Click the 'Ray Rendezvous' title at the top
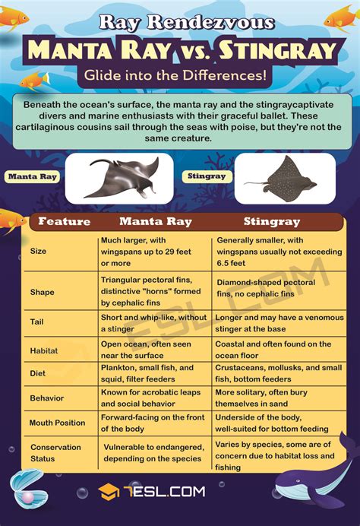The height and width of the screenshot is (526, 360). point(180,22)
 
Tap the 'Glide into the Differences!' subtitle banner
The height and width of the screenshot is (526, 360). point(179,76)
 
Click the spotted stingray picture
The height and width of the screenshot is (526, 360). point(285,179)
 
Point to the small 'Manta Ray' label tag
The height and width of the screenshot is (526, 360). point(33,177)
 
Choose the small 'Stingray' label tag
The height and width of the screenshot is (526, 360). point(206,176)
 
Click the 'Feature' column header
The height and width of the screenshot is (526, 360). point(64,222)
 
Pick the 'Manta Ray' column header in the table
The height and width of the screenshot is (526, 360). point(155,222)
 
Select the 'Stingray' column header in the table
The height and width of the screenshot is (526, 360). point(272,222)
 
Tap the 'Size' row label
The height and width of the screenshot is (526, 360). point(38,252)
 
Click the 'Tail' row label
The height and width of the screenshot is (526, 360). point(37,322)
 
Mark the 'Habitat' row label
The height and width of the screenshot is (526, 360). point(43,350)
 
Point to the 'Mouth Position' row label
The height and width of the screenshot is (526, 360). point(58,423)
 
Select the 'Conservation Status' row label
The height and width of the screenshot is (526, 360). point(55,453)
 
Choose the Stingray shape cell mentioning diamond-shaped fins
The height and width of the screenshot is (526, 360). point(270,288)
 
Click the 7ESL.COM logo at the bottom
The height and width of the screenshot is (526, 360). point(152,492)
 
